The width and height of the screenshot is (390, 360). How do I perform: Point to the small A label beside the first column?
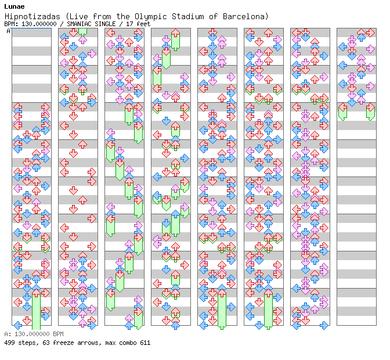pos(8,31)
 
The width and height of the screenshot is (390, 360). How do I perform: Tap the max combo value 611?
pos(145,343)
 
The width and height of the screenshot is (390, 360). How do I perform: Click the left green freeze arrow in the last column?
pos(342,111)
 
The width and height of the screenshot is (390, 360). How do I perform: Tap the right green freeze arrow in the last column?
pos(370,111)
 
